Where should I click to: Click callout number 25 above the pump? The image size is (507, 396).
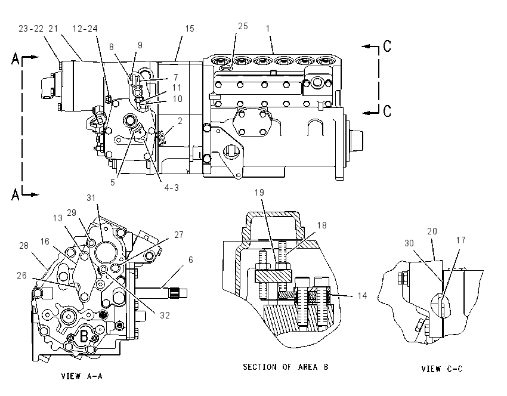click(x=243, y=26)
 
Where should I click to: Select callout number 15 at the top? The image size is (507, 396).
click(x=190, y=29)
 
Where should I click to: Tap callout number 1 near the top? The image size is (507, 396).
click(x=268, y=29)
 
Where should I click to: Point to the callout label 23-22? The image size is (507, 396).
click(x=31, y=29)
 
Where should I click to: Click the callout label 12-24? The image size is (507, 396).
click(x=85, y=29)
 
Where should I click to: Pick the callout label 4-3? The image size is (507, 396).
click(x=171, y=187)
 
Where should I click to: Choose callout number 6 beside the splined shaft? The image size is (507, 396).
click(x=191, y=259)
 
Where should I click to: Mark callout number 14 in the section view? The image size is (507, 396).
click(x=363, y=295)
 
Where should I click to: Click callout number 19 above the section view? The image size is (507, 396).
click(x=259, y=193)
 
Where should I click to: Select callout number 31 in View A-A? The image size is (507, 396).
click(x=91, y=197)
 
